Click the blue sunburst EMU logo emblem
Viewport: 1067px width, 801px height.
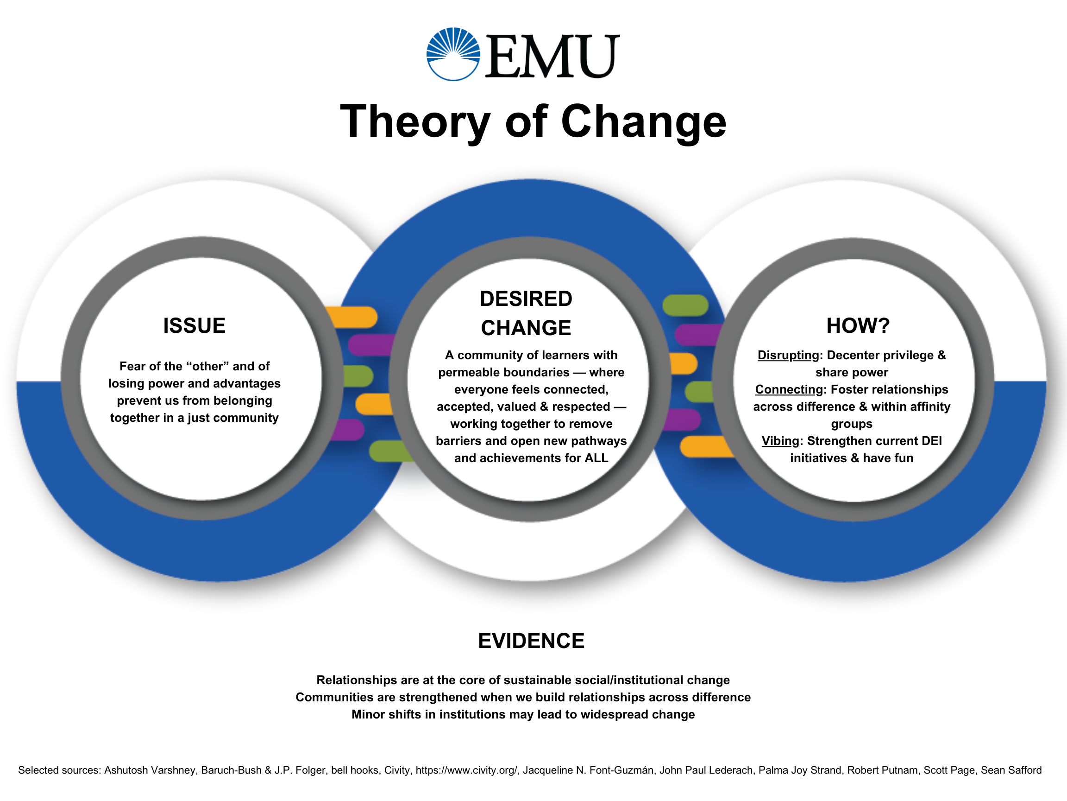(453, 54)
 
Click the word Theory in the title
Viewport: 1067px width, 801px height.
(415, 121)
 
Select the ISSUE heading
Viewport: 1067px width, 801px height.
(195, 326)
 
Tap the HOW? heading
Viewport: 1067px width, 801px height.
(858, 326)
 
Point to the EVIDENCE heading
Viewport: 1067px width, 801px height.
(531, 641)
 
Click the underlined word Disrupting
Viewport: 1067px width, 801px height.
(788, 356)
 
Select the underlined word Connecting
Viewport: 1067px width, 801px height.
(789, 390)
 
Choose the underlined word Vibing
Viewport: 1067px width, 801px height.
(780, 441)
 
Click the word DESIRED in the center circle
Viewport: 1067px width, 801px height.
(526, 299)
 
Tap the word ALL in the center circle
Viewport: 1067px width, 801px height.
(596, 458)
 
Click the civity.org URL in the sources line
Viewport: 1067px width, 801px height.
(466, 770)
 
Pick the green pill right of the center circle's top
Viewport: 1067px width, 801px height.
(685, 305)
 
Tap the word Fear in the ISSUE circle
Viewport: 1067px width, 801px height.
(131, 367)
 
